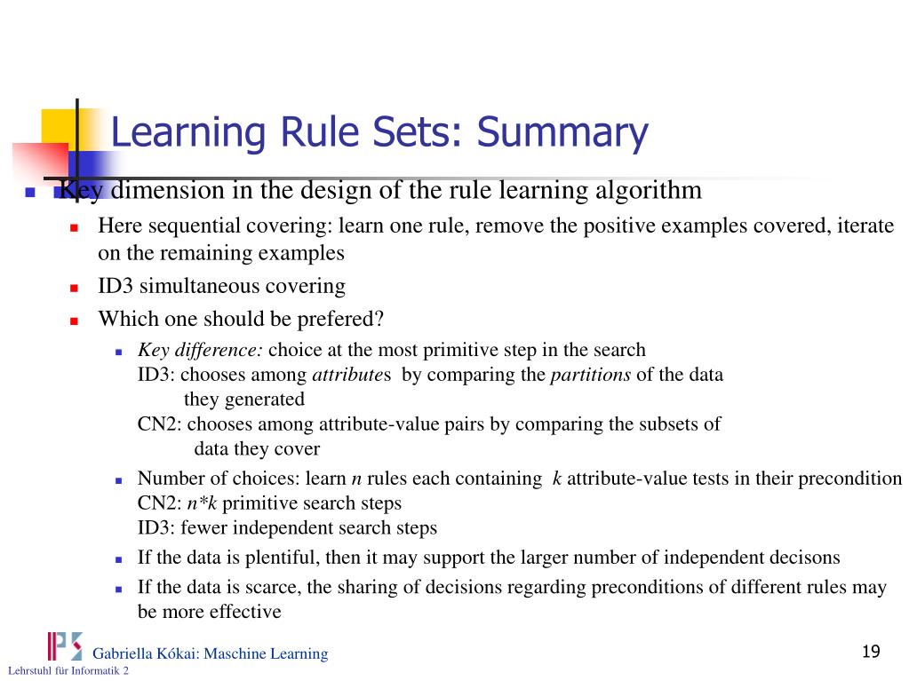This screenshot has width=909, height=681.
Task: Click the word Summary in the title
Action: pyautogui.click(x=562, y=133)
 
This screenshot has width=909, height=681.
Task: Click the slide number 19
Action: pyautogui.click(x=870, y=653)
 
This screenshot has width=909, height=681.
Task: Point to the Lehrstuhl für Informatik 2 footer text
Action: pyautogui.click(x=68, y=671)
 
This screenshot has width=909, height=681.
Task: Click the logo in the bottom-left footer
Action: pyautogui.click(x=64, y=645)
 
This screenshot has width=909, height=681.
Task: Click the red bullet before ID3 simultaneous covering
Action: pyautogui.click(x=76, y=288)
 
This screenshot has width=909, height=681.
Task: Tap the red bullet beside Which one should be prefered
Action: pyautogui.click(x=76, y=320)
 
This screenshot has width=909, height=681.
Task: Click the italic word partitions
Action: pyautogui.click(x=590, y=374)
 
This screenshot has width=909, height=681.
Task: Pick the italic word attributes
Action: pyautogui.click(x=349, y=374)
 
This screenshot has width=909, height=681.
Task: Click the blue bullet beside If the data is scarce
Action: pyautogui.click(x=117, y=589)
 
